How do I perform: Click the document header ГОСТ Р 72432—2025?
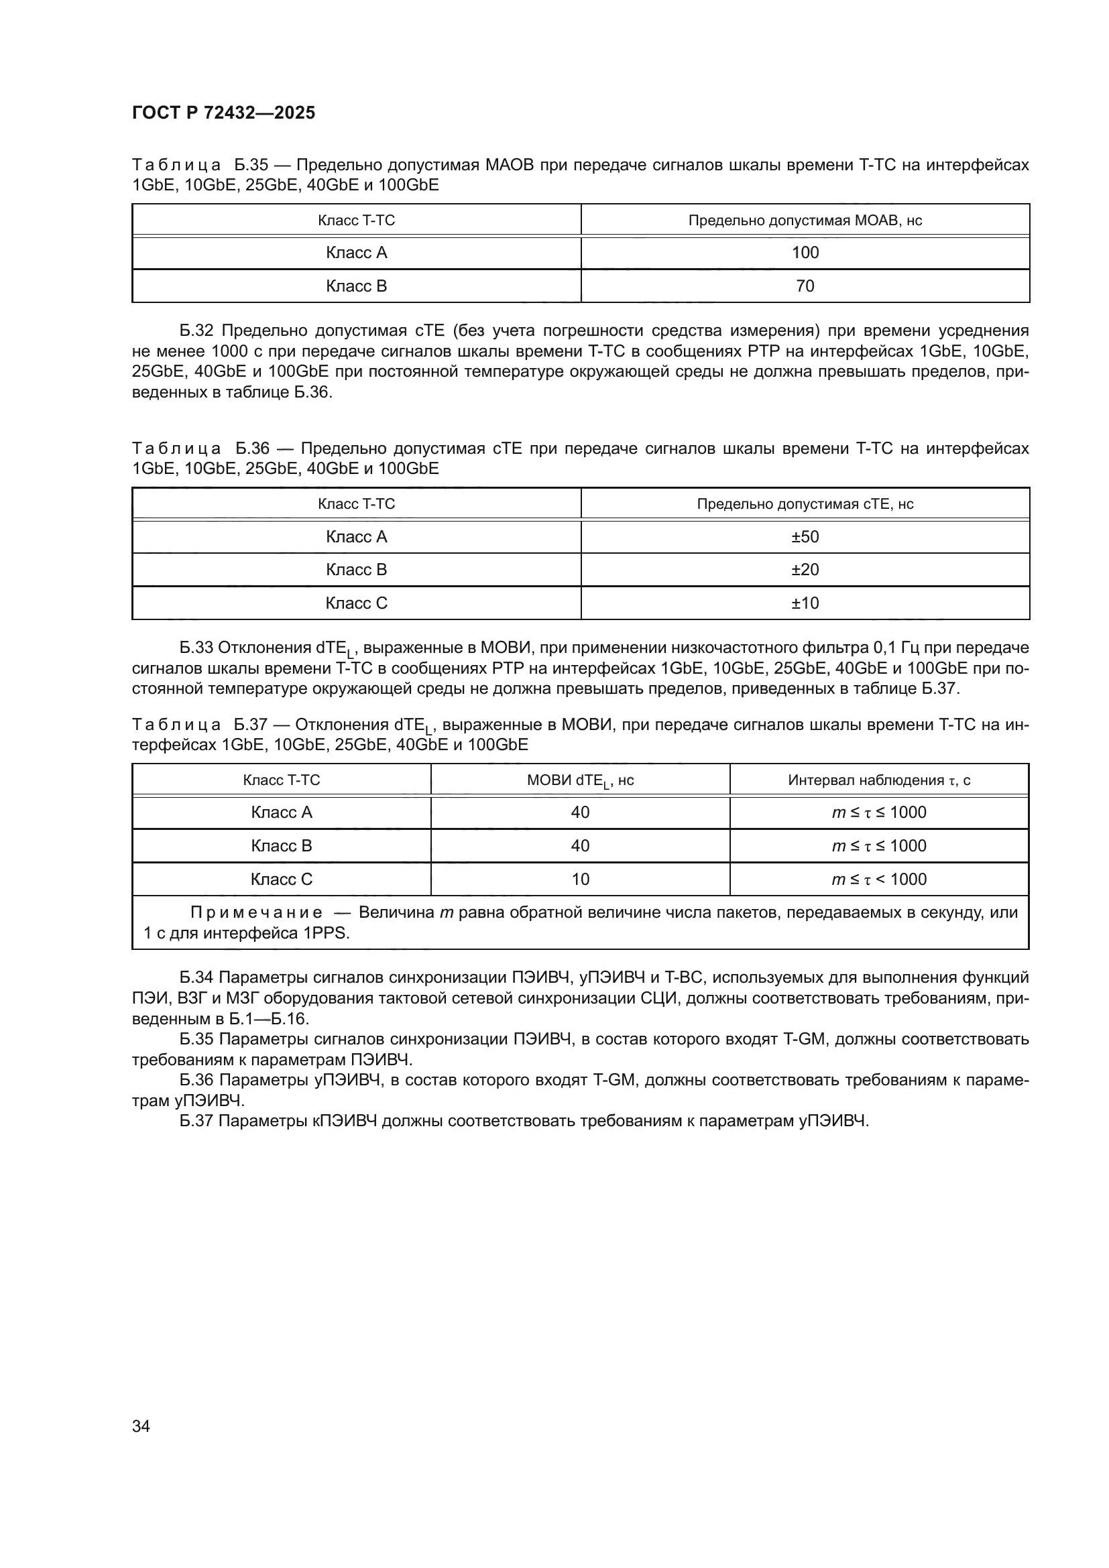coord(223,113)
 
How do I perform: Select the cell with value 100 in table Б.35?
coord(805,253)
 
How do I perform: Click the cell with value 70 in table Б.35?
coord(805,286)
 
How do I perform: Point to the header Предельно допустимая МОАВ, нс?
coord(805,221)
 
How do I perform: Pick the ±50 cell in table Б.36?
coord(805,537)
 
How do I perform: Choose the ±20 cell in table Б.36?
coord(805,570)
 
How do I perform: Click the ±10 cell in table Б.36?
coord(805,603)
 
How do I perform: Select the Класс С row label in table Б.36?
coord(356,603)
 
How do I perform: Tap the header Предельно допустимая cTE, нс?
coord(805,504)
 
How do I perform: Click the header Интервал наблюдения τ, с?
coord(879,780)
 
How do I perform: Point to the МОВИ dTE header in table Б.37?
coord(580,780)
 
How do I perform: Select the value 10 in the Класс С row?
coord(580,879)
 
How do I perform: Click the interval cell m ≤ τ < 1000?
coord(879,879)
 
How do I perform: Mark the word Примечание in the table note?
coord(256,912)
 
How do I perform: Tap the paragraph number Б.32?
coord(196,331)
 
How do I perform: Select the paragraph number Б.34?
coord(196,978)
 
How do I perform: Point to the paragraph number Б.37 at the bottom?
coord(196,1121)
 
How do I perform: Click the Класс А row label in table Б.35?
coord(356,253)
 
